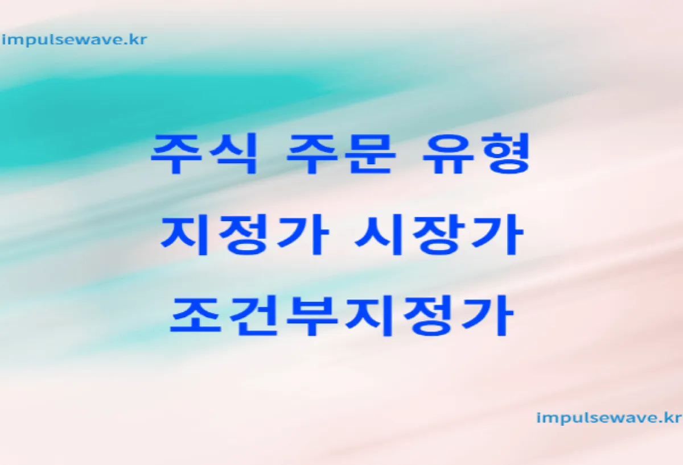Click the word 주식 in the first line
coord(204,154)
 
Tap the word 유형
coord(476,154)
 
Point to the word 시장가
coord(439,234)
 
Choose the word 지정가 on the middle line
coord(245,234)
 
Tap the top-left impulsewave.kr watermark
coord(74,40)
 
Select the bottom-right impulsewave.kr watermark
coord(608,418)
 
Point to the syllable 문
coord(370,154)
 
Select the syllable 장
coord(438,234)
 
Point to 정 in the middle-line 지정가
coord(244,234)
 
